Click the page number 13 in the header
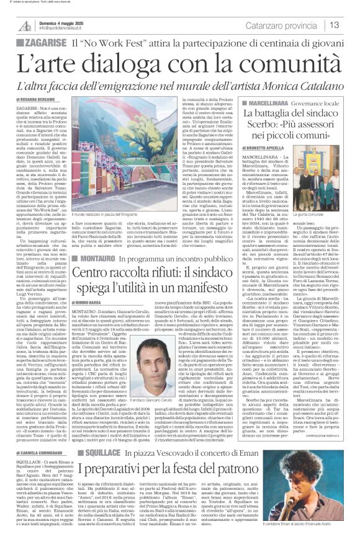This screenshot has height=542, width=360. (x=351, y=25)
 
